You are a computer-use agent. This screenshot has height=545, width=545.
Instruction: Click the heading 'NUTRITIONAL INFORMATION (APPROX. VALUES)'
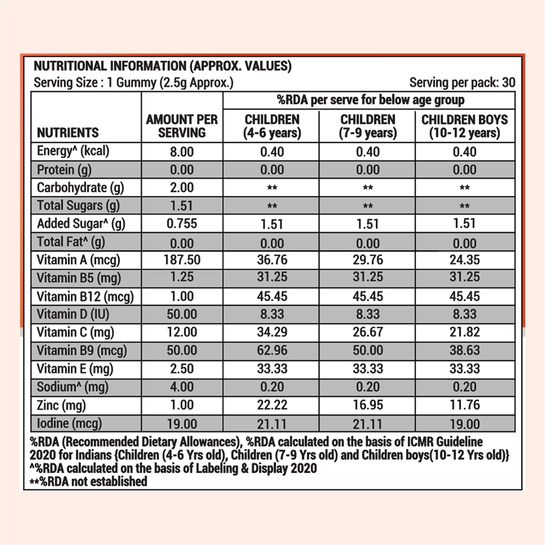click(x=163, y=66)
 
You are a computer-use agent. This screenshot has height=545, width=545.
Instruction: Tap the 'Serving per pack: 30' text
click(x=462, y=83)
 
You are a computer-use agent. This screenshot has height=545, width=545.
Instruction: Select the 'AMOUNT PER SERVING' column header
click(x=182, y=126)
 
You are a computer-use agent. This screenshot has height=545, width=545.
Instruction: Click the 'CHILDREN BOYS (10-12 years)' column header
click(x=465, y=126)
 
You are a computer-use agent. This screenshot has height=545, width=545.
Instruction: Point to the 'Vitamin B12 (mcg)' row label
click(x=85, y=297)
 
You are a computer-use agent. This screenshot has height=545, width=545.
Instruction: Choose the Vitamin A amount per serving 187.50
click(x=182, y=260)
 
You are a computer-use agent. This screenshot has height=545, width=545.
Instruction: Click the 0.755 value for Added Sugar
click(x=182, y=223)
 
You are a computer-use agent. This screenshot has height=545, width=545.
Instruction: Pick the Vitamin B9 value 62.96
click(x=272, y=351)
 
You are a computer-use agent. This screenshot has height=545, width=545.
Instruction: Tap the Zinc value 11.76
click(x=465, y=405)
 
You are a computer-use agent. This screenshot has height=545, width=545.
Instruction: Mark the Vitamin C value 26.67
click(x=368, y=332)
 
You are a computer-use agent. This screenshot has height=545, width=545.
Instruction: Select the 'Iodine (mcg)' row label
click(x=69, y=423)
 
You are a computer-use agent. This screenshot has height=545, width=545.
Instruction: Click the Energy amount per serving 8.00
click(x=182, y=152)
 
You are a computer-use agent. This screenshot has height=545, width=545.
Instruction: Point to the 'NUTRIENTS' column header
click(x=68, y=133)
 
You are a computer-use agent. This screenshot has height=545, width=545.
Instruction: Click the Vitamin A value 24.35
click(x=465, y=260)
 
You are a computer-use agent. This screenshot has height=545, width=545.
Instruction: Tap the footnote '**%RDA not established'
click(x=89, y=481)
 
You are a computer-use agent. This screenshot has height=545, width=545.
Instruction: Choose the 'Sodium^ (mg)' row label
click(x=73, y=387)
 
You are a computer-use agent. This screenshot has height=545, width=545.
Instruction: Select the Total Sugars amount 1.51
click(x=182, y=206)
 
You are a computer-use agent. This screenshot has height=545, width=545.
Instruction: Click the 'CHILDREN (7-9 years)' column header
click(x=368, y=126)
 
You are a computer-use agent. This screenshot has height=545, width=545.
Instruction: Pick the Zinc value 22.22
click(x=272, y=405)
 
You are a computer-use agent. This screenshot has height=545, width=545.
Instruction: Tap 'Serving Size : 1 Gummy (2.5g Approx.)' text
click(x=134, y=83)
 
